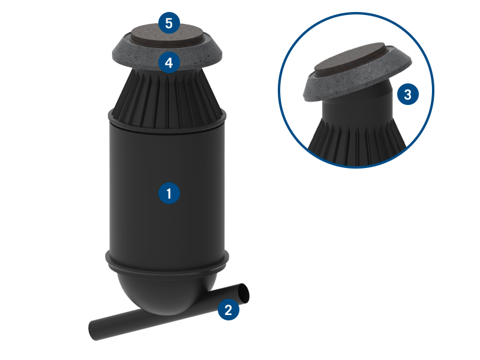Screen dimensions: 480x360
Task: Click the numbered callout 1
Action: coord(169,193)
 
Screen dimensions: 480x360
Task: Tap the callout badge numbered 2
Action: coord(229,310)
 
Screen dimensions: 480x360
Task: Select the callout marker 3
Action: coord(408,94)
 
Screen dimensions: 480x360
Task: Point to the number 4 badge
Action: coord(169,63)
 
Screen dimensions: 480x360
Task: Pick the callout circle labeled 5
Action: coord(169,23)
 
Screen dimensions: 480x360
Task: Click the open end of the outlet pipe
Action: coord(244,293)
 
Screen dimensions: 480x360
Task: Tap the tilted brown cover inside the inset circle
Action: coord(350,60)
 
